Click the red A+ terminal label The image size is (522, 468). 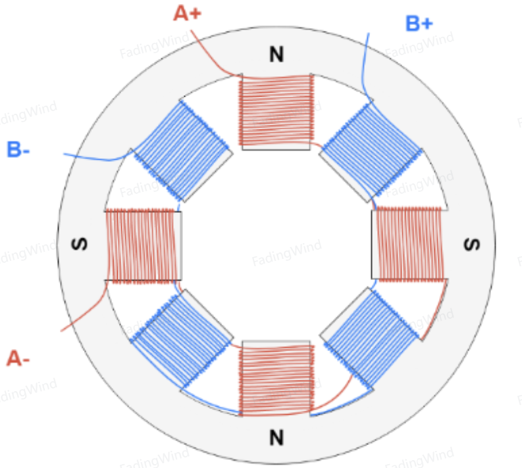[188, 14]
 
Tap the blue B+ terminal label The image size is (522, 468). [419, 24]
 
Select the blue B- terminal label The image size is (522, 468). [18, 149]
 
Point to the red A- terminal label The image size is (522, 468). [18, 358]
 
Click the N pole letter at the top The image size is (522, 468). [276, 55]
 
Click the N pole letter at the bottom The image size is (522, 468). [276, 437]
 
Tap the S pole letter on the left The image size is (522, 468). [80, 244]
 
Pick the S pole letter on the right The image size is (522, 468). [472, 245]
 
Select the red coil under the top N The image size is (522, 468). [276, 110]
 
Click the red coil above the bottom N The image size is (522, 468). [276, 379]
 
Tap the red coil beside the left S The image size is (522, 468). [141, 246]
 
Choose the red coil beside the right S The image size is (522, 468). [410, 244]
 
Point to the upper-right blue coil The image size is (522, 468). [372, 151]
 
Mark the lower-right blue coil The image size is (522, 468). [372, 339]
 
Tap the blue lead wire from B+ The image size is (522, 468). [365, 66]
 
